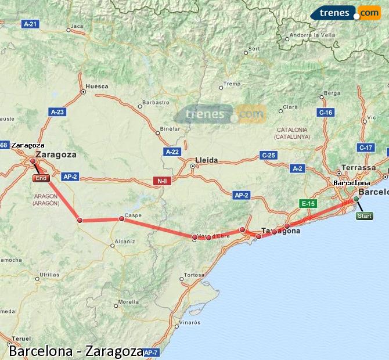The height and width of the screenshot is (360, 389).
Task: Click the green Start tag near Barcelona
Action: tap(364, 216)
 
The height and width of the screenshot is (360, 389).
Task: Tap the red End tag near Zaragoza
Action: tap(41, 178)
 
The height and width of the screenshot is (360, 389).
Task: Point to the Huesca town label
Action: tap(96, 87)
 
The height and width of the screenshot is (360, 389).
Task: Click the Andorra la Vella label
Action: tap(312, 35)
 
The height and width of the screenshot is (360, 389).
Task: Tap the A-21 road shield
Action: tap(30, 24)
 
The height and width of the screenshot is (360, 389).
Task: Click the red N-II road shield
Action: tap(161, 181)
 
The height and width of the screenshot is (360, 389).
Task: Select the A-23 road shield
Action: tap(57, 111)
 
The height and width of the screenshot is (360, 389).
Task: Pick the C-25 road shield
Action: tap(268, 155)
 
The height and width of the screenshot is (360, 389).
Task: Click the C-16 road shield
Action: tap(325, 112)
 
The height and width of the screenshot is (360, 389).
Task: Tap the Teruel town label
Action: tap(21, 339)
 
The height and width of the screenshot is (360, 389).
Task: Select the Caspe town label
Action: tap(133, 215)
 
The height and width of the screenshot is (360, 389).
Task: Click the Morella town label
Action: tap(128, 302)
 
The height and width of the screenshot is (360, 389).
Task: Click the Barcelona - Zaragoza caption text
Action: tap(76, 351)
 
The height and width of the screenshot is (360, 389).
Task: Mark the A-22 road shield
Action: tap(172, 151)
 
